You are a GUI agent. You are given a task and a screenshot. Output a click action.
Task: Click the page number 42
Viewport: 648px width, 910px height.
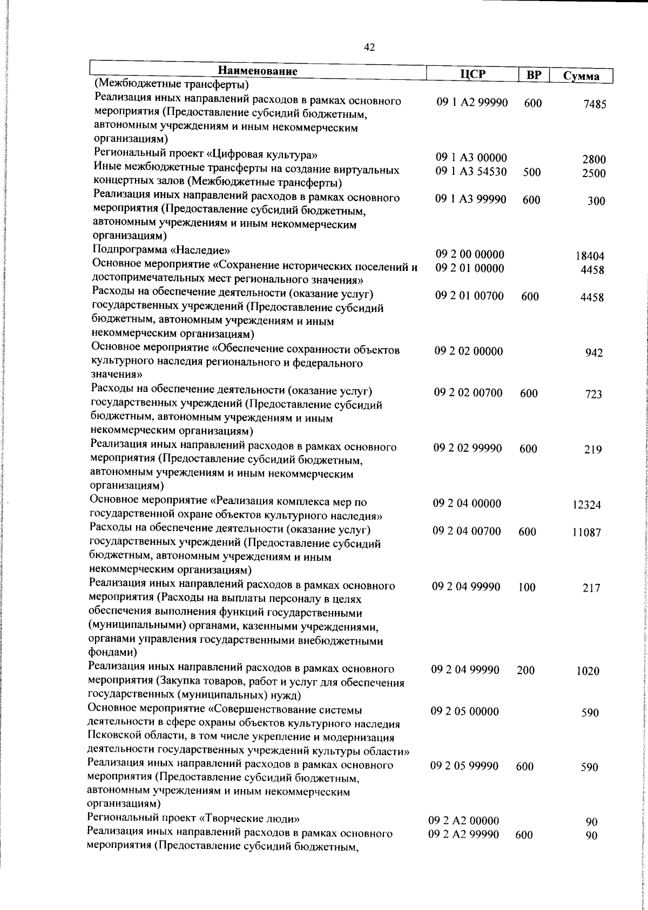click(x=369, y=47)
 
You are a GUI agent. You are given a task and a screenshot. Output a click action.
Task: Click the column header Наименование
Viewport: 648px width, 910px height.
click(x=258, y=71)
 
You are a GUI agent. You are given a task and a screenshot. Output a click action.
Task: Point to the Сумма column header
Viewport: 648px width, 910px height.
click(x=581, y=76)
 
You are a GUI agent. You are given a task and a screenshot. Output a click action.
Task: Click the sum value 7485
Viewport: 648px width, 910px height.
click(x=595, y=105)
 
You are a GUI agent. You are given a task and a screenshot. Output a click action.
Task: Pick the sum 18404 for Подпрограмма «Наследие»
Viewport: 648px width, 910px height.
click(x=590, y=256)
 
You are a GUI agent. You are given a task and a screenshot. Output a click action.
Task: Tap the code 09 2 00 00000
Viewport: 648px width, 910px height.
click(x=470, y=254)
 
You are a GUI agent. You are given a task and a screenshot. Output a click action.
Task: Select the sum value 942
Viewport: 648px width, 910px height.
click(x=594, y=353)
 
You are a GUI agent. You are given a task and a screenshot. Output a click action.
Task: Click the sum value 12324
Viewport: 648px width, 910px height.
click(x=586, y=505)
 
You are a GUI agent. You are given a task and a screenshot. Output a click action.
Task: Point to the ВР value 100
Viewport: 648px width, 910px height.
click(x=526, y=587)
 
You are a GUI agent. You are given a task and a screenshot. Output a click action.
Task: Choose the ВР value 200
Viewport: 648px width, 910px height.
click(x=525, y=670)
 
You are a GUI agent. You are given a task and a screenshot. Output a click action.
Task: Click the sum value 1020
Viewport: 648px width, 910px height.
click(x=588, y=671)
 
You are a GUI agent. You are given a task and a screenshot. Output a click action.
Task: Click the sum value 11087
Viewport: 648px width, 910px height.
click(x=587, y=533)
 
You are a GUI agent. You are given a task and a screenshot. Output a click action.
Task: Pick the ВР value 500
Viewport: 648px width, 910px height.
click(x=532, y=172)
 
